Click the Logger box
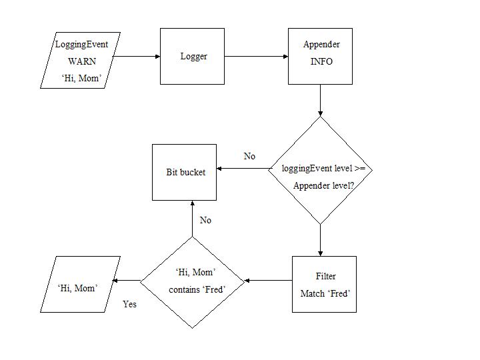tap(193, 57)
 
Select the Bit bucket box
tap(185, 172)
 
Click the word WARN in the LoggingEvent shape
tap(82, 61)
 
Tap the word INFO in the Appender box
tap(321, 61)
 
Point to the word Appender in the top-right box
tap(321, 45)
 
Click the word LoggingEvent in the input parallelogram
tap(81, 45)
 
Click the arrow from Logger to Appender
tap(257, 57)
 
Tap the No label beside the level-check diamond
tap(249, 156)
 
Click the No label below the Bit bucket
tap(205, 220)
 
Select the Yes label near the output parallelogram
tap(129, 304)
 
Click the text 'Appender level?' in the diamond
tap(323, 185)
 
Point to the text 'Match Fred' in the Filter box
tap(325, 293)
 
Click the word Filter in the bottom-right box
tap(325, 276)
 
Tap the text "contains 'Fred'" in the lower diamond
tap(197, 289)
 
